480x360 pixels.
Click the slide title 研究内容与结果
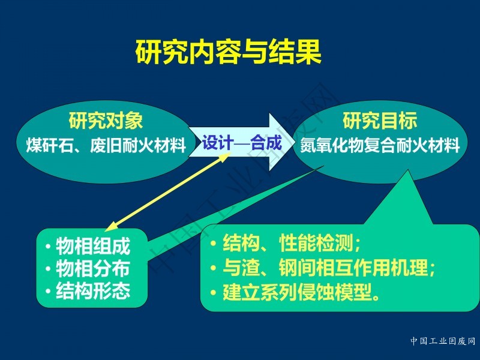(229, 52)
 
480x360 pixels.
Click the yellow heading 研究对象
(106, 121)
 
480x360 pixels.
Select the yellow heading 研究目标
(380, 121)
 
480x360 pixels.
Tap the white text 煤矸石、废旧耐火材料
(106, 145)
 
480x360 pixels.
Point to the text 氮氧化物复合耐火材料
(380, 145)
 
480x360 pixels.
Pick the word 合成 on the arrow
(266, 142)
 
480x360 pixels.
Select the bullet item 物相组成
(93, 245)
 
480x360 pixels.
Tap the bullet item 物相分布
(93, 268)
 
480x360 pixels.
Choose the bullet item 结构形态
(93, 290)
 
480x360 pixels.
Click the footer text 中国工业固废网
(443, 341)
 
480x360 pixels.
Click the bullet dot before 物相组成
(48, 246)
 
